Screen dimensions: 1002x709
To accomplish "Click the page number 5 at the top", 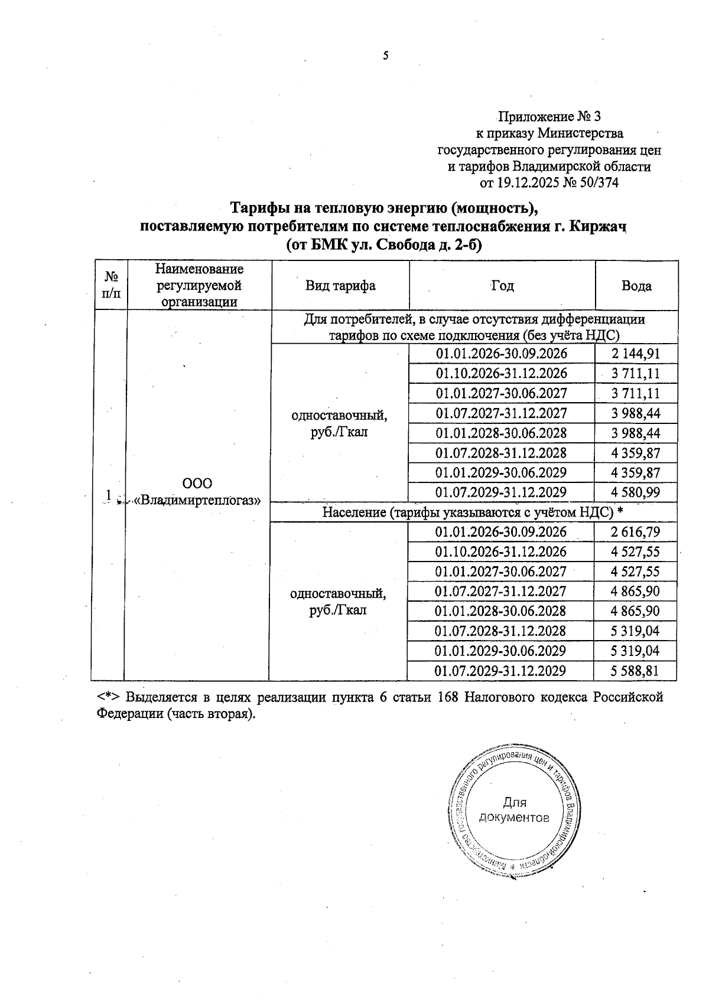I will pos(386,57).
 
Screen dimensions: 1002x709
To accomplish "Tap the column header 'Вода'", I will pos(636,286).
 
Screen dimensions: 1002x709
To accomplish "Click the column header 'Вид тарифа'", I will pos(340,286).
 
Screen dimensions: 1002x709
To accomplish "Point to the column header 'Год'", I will pos(502,286).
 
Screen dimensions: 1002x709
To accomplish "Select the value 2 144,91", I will pos(636,354).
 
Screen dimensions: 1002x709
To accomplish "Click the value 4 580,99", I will pos(636,492).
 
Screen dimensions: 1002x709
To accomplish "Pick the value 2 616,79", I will pos(636,532).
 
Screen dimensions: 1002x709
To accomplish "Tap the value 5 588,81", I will pos(636,671).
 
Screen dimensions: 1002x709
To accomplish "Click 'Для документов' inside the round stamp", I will pos(514,810).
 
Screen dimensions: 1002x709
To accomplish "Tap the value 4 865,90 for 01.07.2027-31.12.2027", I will pos(636,591).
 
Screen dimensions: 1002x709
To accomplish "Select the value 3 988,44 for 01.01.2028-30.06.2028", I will pos(636,433).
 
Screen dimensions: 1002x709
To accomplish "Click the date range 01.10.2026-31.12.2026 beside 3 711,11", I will pos(501,373).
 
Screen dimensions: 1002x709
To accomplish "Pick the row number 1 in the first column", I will pos(108,494).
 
